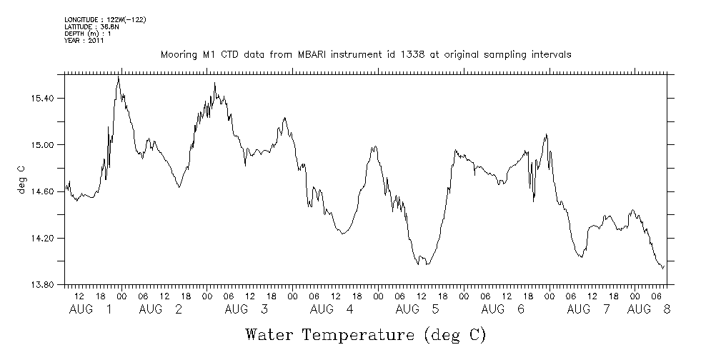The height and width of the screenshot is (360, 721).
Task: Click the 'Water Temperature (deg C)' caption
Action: coord(365,334)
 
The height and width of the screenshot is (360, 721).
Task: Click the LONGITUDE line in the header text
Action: coord(105,19)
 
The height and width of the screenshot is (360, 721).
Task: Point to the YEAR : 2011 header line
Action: coord(84,41)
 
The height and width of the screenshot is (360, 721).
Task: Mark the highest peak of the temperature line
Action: coord(118,76)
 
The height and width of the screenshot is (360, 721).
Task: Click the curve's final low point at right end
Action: coord(662,269)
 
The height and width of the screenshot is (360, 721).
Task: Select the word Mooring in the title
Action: coord(179,55)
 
